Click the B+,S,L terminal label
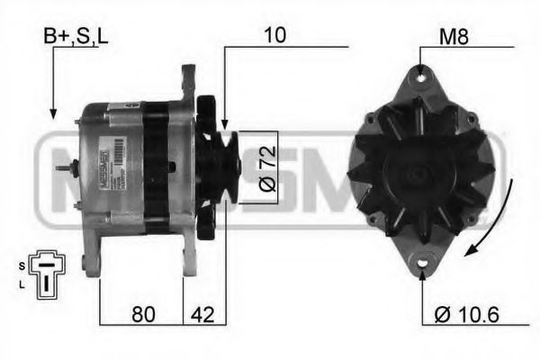point(76,38)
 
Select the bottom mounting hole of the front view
point(422,263)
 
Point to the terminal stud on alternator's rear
point(63,168)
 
